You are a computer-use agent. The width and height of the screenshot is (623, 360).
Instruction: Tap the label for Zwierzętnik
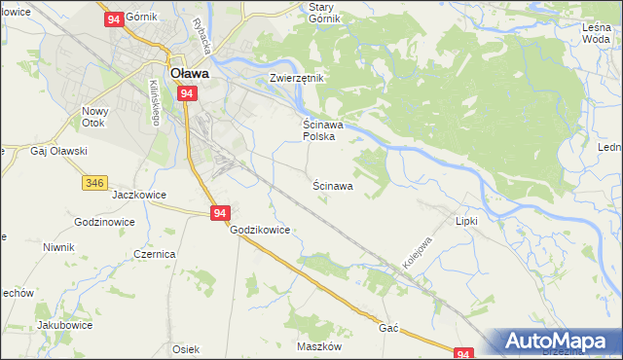click(x=296, y=77)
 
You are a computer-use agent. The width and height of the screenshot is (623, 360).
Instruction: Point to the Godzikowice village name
click(x=260, y=230)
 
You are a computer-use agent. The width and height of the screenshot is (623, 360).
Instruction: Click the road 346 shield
click(x=94, y=182)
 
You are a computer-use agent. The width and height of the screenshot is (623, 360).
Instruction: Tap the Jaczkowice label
click(x=139, y=195)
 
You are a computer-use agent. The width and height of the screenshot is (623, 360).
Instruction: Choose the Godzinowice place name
click(x=104, y=222)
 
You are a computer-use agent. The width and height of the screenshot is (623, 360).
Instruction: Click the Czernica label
click(x=154, y=253)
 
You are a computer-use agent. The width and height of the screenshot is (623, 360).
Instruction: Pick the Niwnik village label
click(x=58, y=247)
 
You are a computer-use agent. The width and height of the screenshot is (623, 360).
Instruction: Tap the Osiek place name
click(x=185, y=349)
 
